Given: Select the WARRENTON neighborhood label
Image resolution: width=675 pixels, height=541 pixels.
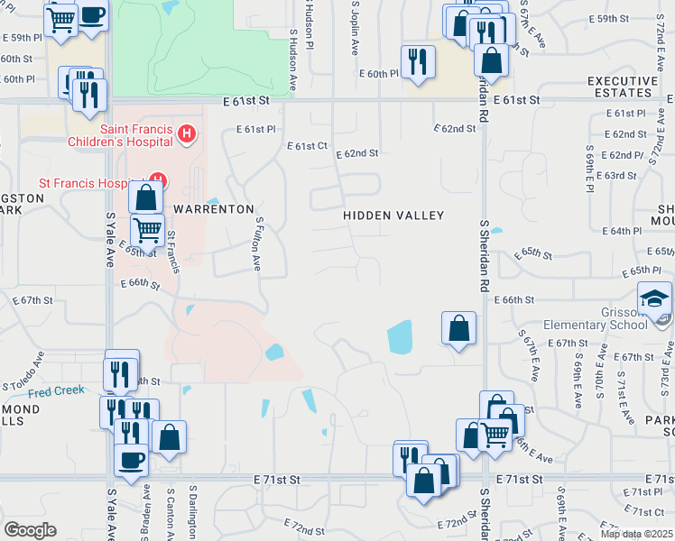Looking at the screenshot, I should pyautogui.click(x=214, y=208).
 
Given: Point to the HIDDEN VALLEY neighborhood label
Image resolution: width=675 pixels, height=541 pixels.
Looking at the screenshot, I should pyautogui.click(x=393, y=215).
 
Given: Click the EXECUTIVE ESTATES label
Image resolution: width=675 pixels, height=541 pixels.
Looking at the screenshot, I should pyautogui.click(x=623, y=87).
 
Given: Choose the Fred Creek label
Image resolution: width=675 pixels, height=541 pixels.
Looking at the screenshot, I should pyautogui.click(x=56, y=390).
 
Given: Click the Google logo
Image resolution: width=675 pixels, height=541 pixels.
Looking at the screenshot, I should pyautogui.click(x=30, y=530).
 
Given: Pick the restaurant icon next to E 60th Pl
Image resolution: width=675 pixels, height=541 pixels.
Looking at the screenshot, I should pyautogui.click(x=417, y=60).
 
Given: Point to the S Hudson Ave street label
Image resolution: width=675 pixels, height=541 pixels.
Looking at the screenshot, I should pyautogui.click(x=293, y=58).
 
